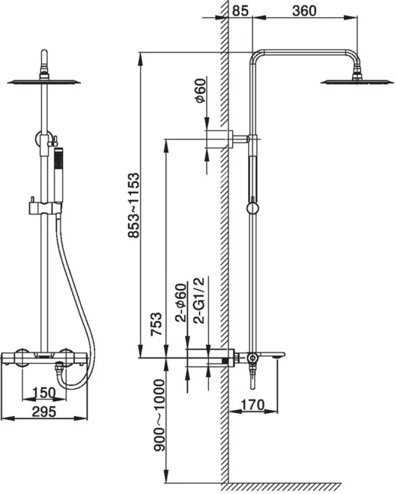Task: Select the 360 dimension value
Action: pyautogui.click(x=304, y=11)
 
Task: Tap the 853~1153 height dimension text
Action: pyautogui.click(x=133, y=205)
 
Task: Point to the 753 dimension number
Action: pyautogui.click(x=156, y=324)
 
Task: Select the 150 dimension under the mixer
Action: pyautogui.click(x=44, y=393)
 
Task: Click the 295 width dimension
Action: pyautogui.click(x=44, y=411)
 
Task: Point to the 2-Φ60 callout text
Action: pyautogui.click(x=181, y=303)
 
